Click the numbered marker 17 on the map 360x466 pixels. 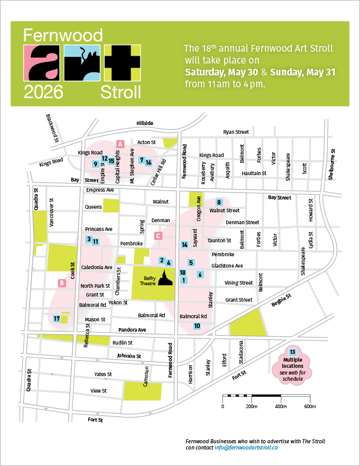(56, 319)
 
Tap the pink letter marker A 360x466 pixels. (120, 144)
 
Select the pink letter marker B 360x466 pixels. (61, 283)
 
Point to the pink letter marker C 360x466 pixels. (159, 236)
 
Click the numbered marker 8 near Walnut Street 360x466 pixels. (219, 202)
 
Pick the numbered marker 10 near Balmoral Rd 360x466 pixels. (197, 326)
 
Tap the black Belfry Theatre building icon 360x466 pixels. (165, 278)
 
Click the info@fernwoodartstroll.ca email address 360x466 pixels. (246, 448)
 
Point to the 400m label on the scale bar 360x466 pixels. (280, 406)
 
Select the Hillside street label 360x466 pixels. (145, 123)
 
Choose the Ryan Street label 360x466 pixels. (236, 132)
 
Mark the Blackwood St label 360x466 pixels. (53, 129)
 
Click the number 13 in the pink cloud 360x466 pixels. (293, 352)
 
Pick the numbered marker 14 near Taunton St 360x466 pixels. (184, 244)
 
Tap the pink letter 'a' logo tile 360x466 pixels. (43, 63)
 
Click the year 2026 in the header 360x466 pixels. (43, 92)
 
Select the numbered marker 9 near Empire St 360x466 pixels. (95, 164)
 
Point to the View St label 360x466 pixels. (98, 391)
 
